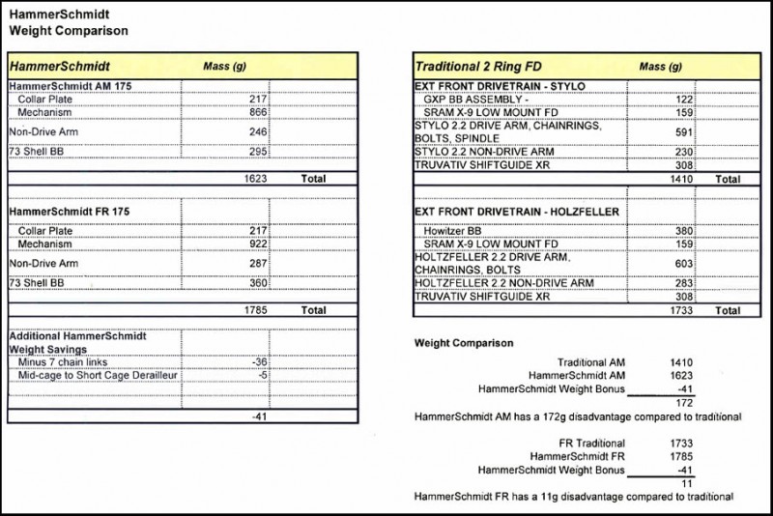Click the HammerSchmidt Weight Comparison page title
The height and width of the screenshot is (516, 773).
click(x=68, y=22)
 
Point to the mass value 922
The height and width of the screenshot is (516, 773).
click(x=257, y=244)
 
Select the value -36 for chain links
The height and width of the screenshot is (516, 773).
click(x=259, y=362)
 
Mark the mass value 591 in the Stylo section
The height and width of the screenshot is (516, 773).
click(x=683, y=132)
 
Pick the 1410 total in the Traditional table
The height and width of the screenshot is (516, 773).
click(x=681, y=179)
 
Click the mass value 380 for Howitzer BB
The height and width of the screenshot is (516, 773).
click(x=683, y=231)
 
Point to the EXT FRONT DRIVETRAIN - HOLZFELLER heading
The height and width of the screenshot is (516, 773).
click(x=517, y=212)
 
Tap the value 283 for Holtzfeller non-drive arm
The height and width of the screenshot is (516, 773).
click(x=683, y=283)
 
